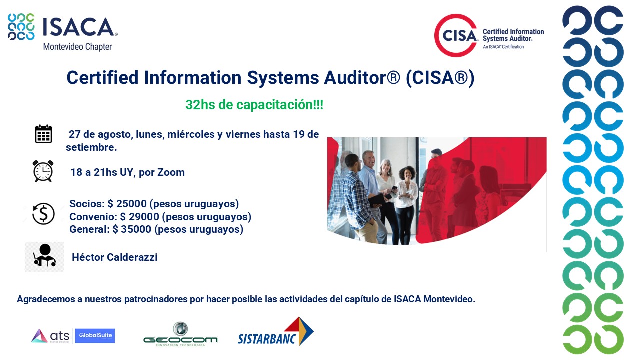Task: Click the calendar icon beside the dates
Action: tap(43, 134)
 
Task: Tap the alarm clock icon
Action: tap(43, 171)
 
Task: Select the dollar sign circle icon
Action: tap(43, 213)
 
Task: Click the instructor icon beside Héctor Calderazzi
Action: tap(44, 257)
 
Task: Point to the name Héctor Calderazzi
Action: tap(115, 257)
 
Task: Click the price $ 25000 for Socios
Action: tap(127, 203)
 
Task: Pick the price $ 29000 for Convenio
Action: tap(139, 217)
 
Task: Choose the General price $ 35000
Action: tap(132, 229)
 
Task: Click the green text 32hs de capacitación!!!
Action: tap(254, 105)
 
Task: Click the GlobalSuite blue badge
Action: tap(95, 335)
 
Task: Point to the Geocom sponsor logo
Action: tap(180, 334)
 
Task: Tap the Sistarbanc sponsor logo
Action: tap(276, 331)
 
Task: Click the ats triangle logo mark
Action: tap(39, 335)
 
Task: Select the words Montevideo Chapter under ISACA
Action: tap(77, 47)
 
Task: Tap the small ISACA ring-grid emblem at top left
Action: tap(21, 27)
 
